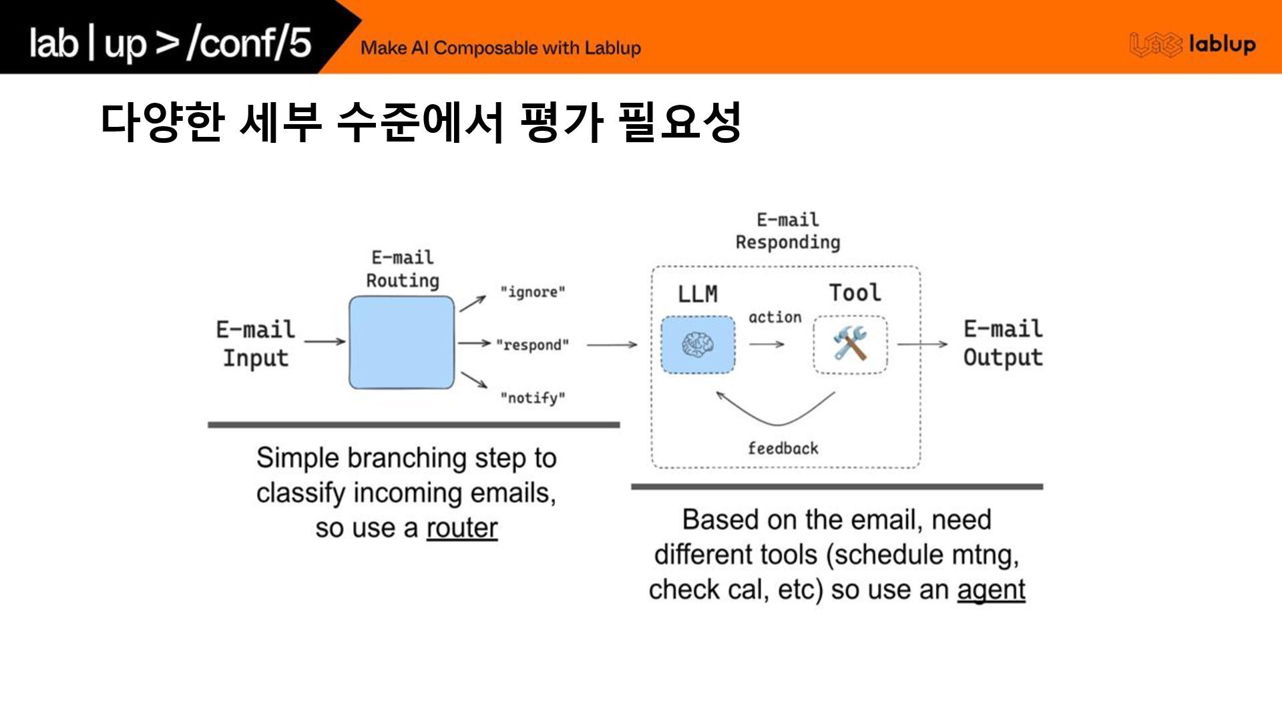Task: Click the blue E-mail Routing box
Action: [x=401, y=342]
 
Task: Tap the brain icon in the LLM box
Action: [x=698, y=344]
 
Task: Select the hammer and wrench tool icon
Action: [x=850, y=344]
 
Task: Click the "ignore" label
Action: [x=533, y=292]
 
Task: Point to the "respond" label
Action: [x=532, y=345]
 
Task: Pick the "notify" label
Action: [x=533, y=399]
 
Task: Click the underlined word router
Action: [x=462, y=528]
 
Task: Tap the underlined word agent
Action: [x=991, y=590]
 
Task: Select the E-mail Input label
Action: [x=255, y=343]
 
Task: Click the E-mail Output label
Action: [x=1003, y=343]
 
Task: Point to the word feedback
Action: [x=783, y=449]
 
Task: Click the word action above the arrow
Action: [x=775, y=318]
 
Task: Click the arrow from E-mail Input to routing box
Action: [x=325, y=342]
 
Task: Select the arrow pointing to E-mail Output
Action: [x=922, y=344]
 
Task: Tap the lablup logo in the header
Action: [x=1193, y=45]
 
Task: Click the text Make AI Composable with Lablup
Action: [x=501, y=48]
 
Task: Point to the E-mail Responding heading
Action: [x=788, y=231]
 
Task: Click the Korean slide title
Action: [x=421, y=123]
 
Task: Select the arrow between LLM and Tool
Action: [x=767, y=344]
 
